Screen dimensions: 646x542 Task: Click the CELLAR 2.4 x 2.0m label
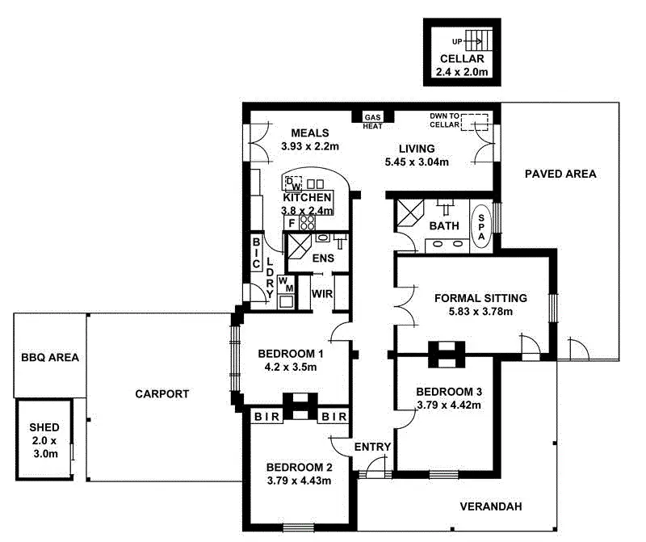point(462,65)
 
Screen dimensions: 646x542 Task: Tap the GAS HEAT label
point(372,121)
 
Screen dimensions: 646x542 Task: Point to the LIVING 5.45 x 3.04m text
point(417,155)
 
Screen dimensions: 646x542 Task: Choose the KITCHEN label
point(306,198)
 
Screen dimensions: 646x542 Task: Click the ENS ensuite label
point(323,258)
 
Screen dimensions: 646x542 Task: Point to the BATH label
point(444,225)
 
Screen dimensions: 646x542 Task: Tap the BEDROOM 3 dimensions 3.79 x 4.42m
point(449,405)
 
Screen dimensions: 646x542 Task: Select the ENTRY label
point(372,447)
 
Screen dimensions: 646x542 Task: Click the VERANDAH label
point(491,506)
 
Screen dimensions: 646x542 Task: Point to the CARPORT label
point(162,394)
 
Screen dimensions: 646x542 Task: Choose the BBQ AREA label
point(50,356)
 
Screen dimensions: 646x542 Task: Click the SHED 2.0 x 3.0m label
point(44,440)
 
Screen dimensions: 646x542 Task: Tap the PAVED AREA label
point(560,174)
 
